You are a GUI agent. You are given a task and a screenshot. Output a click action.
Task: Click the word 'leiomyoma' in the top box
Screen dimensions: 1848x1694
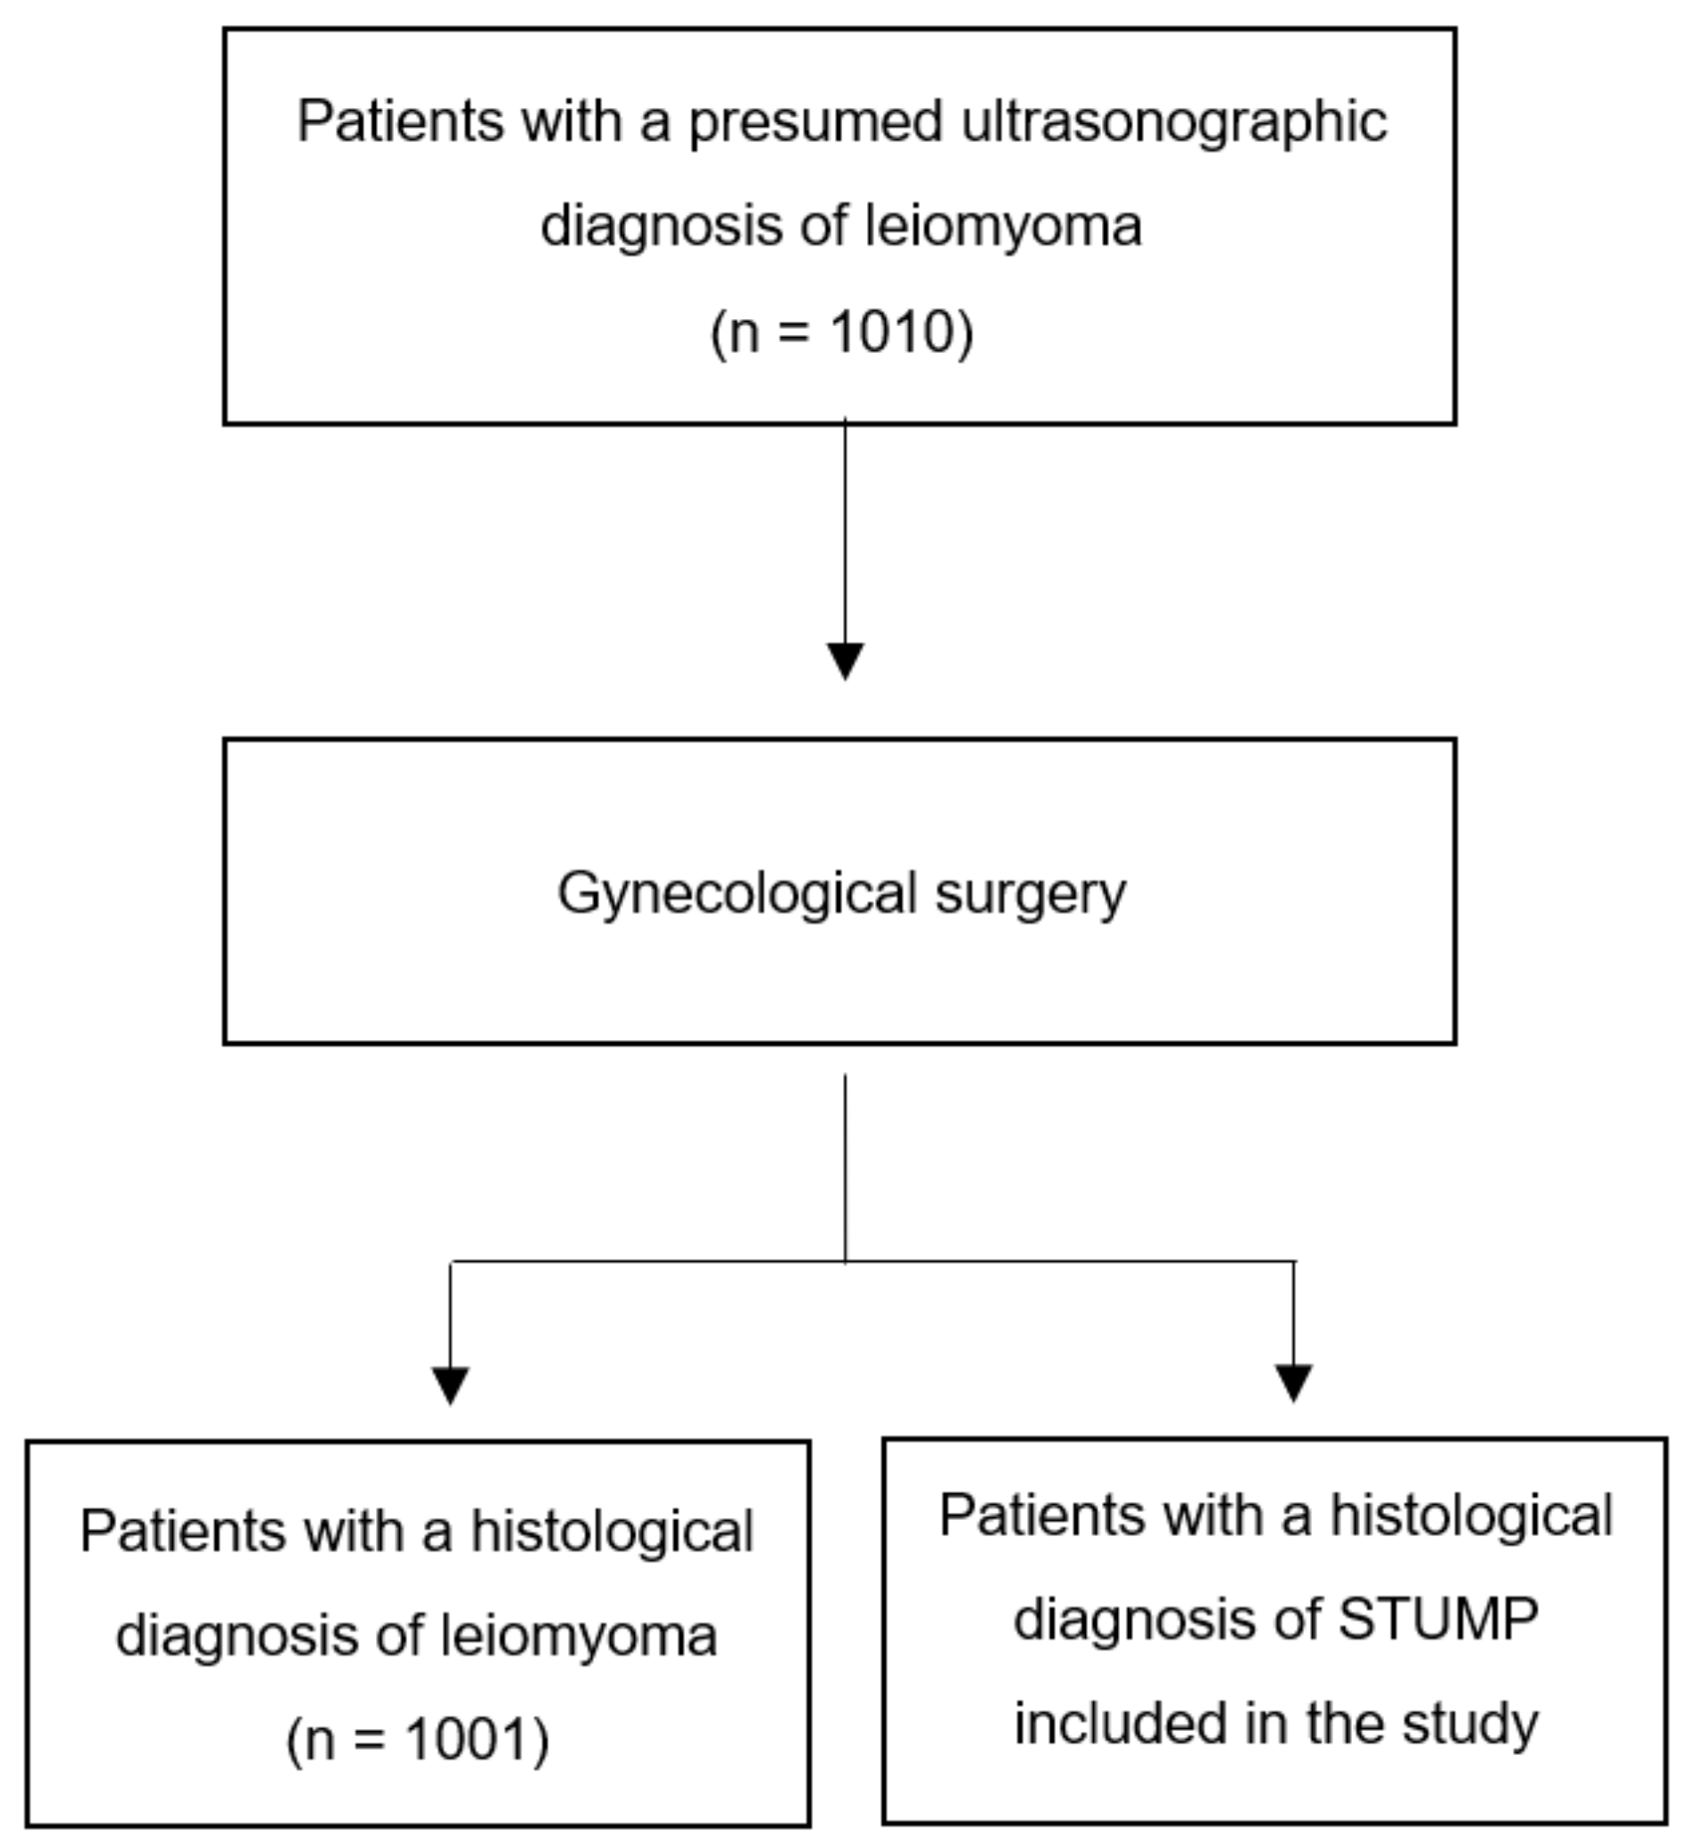(x=1004, y=225)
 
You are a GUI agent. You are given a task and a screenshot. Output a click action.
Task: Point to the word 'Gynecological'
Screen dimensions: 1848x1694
(x=737, y=895)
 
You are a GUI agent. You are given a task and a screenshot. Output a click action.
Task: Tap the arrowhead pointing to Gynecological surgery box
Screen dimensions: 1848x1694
(x=845, y=660)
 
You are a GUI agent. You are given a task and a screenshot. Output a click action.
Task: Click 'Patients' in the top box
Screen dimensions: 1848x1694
(x=400, y=121)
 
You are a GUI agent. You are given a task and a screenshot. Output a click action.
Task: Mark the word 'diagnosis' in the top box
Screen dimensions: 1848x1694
(x=661, y=226)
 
